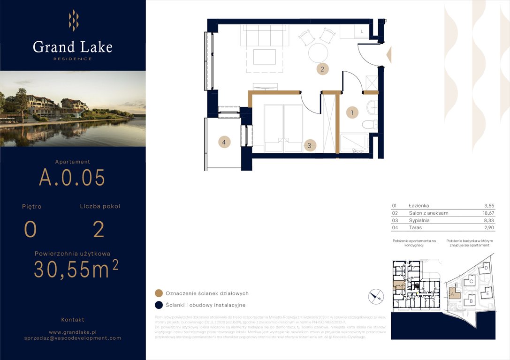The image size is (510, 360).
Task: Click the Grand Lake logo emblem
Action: click(73, 20)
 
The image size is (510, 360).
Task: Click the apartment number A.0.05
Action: click(72, 177)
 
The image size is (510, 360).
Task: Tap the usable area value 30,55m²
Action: click(76, 270)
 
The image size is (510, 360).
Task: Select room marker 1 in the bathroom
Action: click(352, 112)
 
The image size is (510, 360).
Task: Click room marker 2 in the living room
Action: click(322, 69)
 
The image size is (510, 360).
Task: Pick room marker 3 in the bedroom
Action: click(309, 145)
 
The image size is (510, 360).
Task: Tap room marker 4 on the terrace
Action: click(224, 142)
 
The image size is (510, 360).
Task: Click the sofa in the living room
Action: click(264, 35)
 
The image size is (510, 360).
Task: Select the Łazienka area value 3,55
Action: click(489, 205)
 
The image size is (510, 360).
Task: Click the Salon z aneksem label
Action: click(428, 213)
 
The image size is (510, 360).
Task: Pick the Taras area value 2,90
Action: click(489, 227)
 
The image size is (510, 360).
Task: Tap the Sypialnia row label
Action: click(419, 220)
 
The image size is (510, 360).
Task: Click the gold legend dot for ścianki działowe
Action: click(159, 293)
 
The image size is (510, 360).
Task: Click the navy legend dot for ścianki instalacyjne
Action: click(159, 305)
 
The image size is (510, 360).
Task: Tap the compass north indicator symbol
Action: click(376, 296)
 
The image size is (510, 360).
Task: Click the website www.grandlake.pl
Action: click(73, 331)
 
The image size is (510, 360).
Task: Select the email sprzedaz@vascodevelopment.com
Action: click(73, 338)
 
